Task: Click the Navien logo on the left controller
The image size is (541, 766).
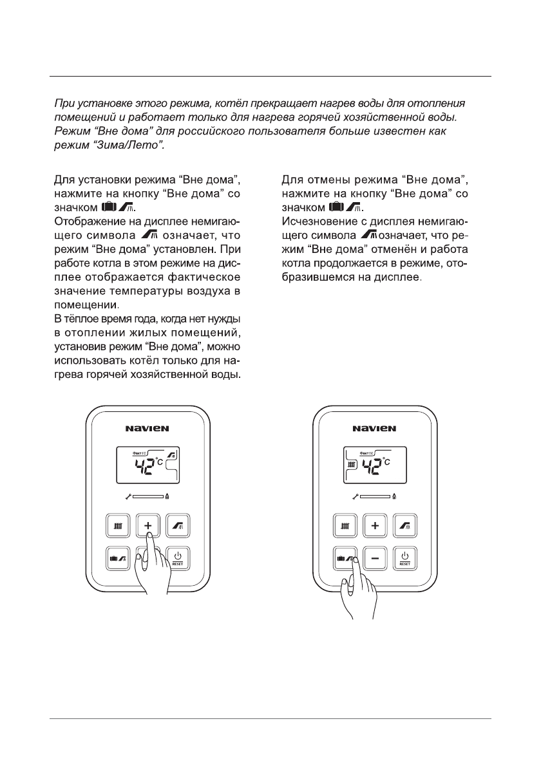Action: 148,427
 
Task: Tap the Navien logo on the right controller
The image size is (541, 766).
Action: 374,427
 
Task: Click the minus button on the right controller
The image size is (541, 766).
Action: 375,556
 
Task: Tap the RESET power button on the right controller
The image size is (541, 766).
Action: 405,556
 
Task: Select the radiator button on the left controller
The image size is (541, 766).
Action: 118,526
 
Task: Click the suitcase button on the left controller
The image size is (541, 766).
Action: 118,556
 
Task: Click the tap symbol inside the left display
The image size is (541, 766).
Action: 172,456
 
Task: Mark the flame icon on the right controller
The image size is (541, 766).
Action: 394,497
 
